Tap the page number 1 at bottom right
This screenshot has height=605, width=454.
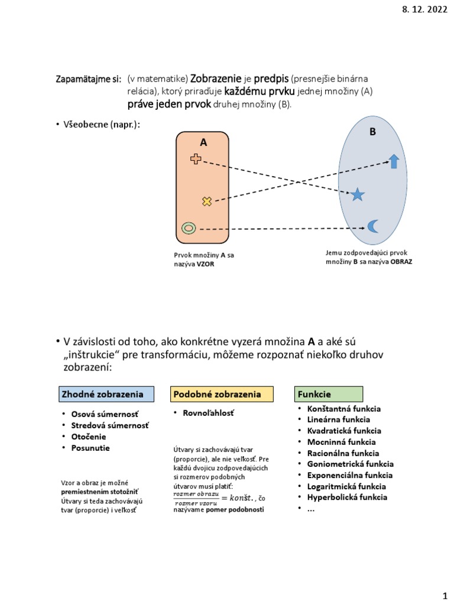(445, 593)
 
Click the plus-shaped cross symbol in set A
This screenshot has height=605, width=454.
(196, 158)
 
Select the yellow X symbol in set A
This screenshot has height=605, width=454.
(206, 201)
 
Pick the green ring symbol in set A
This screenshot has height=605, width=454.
(189, 228)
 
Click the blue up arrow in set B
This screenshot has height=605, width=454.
(394, 161)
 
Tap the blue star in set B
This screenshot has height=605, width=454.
(357, 194)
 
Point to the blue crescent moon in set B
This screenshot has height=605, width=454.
(372, 226)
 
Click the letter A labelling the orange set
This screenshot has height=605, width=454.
(203, 142)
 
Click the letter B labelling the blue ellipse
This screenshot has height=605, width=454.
(372, 132)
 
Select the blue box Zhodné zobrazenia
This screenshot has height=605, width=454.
(105, 393)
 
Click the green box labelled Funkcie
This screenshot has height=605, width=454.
(329, 393)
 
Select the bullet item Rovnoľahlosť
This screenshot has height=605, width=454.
(210, 413)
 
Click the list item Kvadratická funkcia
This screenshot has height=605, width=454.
(344, 431)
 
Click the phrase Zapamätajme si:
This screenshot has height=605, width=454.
(88, 79)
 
